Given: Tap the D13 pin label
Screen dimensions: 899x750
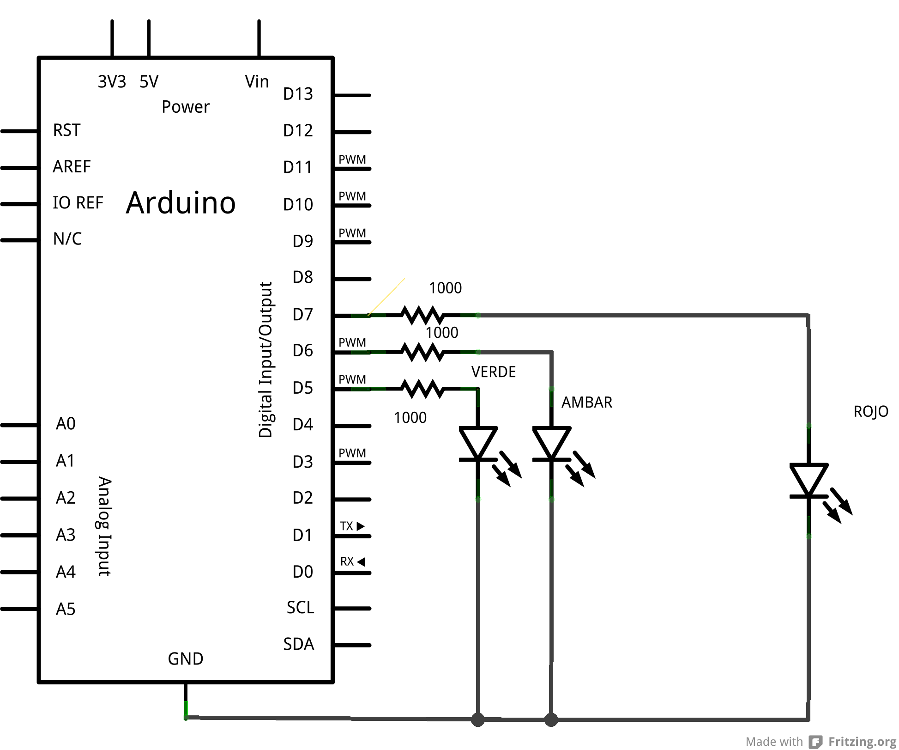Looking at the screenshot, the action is (298, 94).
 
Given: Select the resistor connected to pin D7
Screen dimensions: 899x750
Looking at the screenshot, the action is (423, 315).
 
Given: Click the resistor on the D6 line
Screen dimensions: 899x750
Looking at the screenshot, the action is (423, 352).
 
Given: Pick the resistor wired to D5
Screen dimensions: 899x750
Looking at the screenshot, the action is (423, 389).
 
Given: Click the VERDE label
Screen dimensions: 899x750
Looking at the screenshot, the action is (494, 372).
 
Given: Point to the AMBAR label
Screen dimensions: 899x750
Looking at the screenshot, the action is (587, 402).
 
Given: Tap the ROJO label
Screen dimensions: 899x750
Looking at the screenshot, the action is (871, 411).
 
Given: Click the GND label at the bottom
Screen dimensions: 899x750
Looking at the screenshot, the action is (186, 659).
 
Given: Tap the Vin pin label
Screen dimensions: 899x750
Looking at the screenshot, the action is (257, 81).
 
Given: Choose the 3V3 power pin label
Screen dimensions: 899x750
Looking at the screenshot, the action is (112, 82).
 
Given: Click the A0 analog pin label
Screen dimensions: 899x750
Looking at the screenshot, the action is (66, 424).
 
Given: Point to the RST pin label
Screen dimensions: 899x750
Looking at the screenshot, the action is (66, 130).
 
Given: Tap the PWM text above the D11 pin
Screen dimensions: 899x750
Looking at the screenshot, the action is (352, 159).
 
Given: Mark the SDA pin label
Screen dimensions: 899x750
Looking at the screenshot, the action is (299, 644).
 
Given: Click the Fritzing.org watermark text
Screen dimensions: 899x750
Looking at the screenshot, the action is (862, 741).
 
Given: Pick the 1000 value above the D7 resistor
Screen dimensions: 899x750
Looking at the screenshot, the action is (445, 288).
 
